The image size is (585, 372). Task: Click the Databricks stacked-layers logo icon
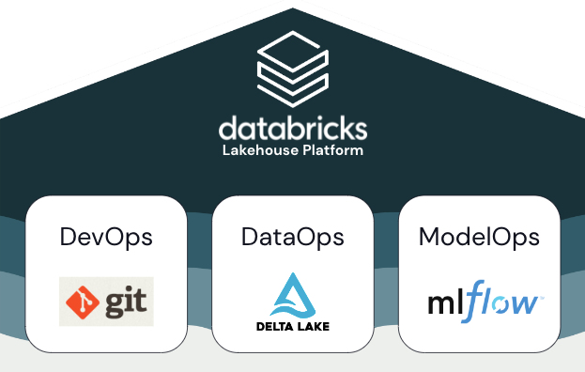point(292,70)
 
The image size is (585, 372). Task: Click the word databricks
point(292,128)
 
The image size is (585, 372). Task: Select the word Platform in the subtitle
point(329,150)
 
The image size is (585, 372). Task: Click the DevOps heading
point(105,237)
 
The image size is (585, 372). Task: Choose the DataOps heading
point(292,237)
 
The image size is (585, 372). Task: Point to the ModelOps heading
point(479,237)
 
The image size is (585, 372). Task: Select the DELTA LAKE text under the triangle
point(292,327)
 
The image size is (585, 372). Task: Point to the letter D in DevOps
point(68,237)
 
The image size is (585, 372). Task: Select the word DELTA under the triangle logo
point(273,327)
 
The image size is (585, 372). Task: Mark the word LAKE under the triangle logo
point(314,327)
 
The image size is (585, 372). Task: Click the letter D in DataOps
point(249,237)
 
